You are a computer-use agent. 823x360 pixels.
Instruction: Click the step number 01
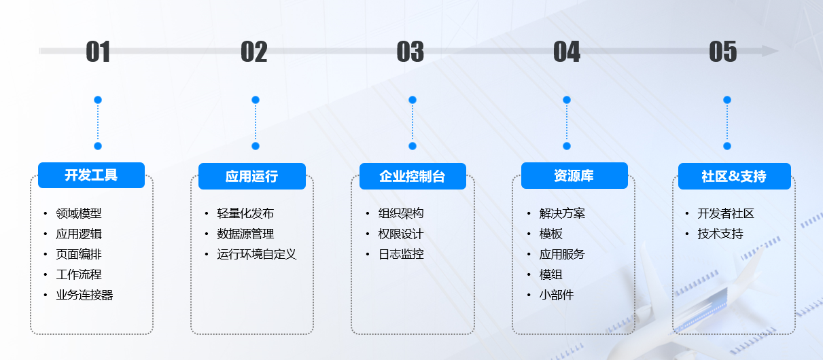click(x=98, y=52)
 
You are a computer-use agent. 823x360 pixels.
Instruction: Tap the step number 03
click(x=410, y=52)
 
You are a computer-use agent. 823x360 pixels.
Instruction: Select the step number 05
click(x=723, y=52)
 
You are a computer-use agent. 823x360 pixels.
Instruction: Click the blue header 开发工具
click(x=91, y=175)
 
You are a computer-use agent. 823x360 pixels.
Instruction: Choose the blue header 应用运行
click(x=251, y=176)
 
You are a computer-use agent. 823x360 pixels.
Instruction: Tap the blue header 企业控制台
click(x=412, y=176)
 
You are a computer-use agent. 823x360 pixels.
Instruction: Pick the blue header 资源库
click(x=574, y=176)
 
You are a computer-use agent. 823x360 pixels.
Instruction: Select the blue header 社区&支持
click(x=734, y=176)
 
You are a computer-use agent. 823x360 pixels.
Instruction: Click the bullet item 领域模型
click(x=79, y=213)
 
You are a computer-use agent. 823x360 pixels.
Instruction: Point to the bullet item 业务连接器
click(x=84, y=295)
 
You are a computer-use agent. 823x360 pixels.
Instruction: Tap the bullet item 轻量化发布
click(x=245, y=213)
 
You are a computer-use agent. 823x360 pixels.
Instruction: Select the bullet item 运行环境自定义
click(x=257, y=254)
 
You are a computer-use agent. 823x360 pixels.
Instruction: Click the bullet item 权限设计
click(x=401, y=234)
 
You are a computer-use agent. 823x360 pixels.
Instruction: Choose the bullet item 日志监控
click(x=401, y=254)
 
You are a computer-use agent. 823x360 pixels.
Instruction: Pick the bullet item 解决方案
click(x=562, y=213)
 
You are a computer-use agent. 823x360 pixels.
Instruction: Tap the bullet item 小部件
click(x=557, y=295)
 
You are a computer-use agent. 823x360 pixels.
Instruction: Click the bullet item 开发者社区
click(x=726, y=213)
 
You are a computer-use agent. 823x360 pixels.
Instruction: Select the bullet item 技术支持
click(x=720, y=234)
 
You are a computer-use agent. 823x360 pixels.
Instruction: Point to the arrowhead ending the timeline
click(x=770, y=51)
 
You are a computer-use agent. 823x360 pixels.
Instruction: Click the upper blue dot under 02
click(x=256, y=100)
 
